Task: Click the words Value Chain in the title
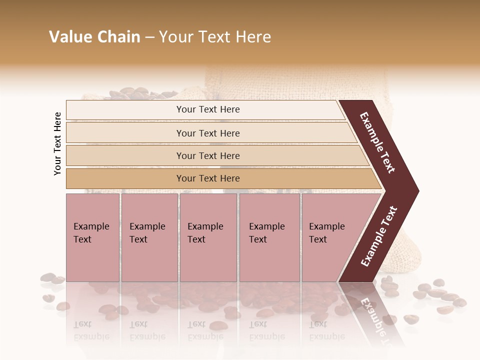pyautogui.click(x=94, y=37)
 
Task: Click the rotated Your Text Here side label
pyautogui.click(x=57, y=143)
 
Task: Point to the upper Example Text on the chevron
pyautogui.click(x=377, y=142)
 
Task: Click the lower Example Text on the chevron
pyautogui.click(x=379, y=236)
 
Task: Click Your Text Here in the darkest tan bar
pyautogui.click(x=208, y=178)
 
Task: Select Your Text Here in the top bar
pyautogui.click(x=208, y=109)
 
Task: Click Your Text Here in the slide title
pyautogui.click(x=215, y=37)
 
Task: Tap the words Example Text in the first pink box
pyautogui.click(x=91, y=233)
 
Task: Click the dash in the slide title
pyautogui.click(x=149, y=37)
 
